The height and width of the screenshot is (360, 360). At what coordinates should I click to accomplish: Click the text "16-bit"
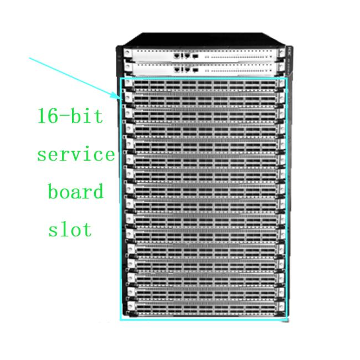(70, 116)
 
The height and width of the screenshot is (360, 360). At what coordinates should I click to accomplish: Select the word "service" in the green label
(76, 155)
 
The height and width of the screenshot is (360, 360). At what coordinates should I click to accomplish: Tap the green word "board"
(76, 191)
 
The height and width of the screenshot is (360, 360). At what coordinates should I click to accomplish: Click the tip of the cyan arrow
(120, 99)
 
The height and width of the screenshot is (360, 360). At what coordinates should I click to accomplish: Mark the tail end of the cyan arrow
(29, 58)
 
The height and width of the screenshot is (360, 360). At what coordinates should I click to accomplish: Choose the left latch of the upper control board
(127, 54)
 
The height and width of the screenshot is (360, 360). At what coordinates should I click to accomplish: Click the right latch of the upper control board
(281, 53)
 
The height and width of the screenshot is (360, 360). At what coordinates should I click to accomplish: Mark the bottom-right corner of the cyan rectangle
(287, 320)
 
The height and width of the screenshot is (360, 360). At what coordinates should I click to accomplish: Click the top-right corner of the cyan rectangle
(286, 78)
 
